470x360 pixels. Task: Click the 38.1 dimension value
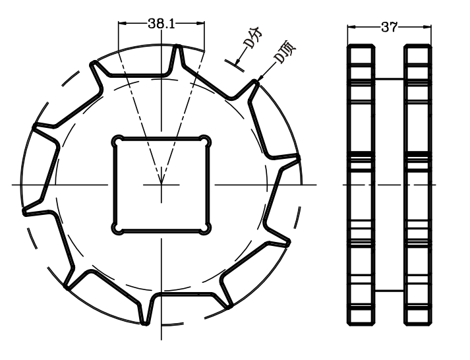click(161, 24)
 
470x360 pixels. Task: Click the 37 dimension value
click(389, 27)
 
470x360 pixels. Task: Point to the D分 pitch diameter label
click(250, 40)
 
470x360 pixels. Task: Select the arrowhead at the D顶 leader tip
click(259, 80)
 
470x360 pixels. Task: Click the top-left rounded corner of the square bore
click(117, 140)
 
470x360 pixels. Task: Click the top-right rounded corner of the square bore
click(206, 140)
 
